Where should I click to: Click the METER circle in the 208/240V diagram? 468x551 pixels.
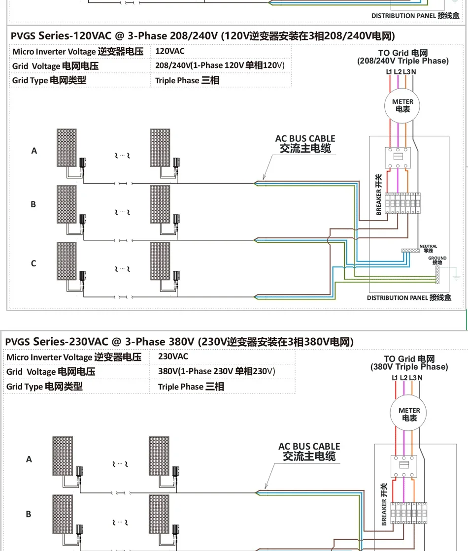[402, 105]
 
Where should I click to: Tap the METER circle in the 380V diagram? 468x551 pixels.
[409, 414]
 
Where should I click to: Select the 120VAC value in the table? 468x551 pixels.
[170, 51]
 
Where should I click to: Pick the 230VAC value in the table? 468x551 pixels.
[173, 356]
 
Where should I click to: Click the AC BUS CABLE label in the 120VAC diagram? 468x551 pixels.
[305, 144]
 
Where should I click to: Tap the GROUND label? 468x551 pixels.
[437, 259]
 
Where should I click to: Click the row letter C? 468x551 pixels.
[33, 263]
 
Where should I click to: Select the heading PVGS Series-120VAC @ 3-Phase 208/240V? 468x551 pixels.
[202, 36]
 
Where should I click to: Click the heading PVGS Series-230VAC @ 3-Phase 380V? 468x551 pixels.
[179, 342]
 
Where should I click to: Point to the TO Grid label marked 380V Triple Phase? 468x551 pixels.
[409, 363]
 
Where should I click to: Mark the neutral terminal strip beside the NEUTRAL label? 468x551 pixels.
[410, 250]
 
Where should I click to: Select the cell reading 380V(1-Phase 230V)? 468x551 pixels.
[217, 371]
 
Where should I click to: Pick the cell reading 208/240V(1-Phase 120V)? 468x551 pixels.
[220, 65]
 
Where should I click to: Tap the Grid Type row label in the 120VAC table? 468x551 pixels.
[49, 80]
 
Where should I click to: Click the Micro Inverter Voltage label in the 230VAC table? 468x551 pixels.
[74, 357]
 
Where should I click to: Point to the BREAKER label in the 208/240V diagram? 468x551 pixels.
[378, 195]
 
